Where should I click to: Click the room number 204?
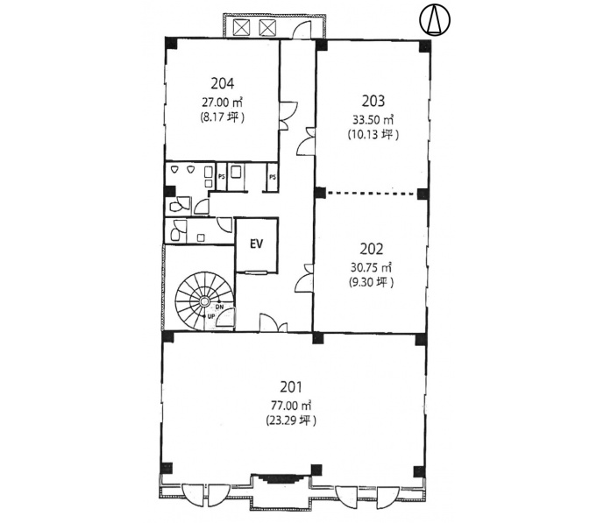coord(223,84)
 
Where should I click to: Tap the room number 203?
coord(373,101)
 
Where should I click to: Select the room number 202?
coord(372,249)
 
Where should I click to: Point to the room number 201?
coord(291,387)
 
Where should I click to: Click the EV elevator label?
coord(257,244)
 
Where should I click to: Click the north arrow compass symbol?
coord(435,20)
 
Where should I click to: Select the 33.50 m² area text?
coord(373,119)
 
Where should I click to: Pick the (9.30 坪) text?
coord(371,282)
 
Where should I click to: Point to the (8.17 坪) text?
coord(223,117)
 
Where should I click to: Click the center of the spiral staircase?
coord(204,301)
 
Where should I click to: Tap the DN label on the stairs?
coord(220,307)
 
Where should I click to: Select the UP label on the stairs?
coord(211,316)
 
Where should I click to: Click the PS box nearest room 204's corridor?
coord(273,177)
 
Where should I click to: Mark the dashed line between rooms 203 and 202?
coord(371,194)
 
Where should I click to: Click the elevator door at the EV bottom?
coord(256,272)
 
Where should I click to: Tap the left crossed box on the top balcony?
coord(240,27)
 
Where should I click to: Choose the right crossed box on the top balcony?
coord(267,27)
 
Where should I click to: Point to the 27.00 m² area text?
coord(223,102)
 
